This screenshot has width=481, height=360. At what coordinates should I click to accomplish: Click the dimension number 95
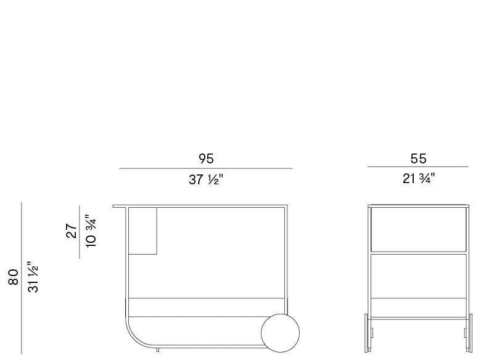point(206,158)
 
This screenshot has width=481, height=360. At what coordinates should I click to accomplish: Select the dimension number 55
point(418,158)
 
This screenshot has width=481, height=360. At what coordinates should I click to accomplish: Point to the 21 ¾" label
point(418,179)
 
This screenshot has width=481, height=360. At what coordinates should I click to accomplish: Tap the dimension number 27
point(72,231)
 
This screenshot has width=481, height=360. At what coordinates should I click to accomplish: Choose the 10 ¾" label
point(91,231)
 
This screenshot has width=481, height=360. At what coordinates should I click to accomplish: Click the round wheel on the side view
point(282,333)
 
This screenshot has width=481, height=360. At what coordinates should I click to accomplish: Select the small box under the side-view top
point(143,231)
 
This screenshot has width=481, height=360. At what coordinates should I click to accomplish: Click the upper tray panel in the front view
point(418,229)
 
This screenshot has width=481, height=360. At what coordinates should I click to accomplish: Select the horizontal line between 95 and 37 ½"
point(206,168)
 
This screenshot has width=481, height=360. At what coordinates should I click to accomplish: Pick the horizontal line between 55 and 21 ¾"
point(418,167)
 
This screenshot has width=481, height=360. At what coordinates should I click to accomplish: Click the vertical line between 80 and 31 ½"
point(22,278)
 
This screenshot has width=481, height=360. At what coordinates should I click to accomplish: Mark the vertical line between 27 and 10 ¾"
point(80,231)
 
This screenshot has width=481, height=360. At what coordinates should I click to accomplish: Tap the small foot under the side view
point(158,351)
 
